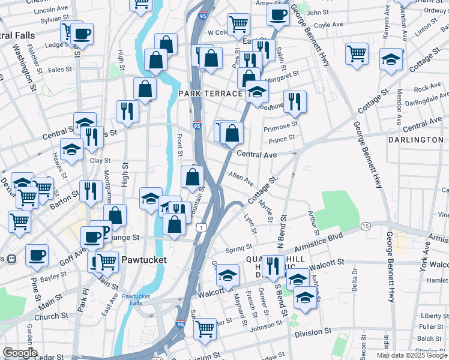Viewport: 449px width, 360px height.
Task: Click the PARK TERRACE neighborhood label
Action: pyautogui.click(x=210, y=94)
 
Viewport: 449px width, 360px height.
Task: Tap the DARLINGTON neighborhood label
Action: pyautogui.click(x=416, y=140)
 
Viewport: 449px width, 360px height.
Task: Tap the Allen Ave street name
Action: pyautogui.click(x=241, y=179)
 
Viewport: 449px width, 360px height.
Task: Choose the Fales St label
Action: pyautogui.click(x=60, y=70)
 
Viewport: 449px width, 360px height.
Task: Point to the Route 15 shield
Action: pyautogui.click(x=366, y=226)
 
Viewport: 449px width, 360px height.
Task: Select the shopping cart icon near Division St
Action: pyautogui.click(x=205, y=328)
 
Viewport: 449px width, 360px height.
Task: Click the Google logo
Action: pyautogui.click(x=20, y=353)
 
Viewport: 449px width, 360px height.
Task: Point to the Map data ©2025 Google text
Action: pyautogui.click(x=412, y=355)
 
